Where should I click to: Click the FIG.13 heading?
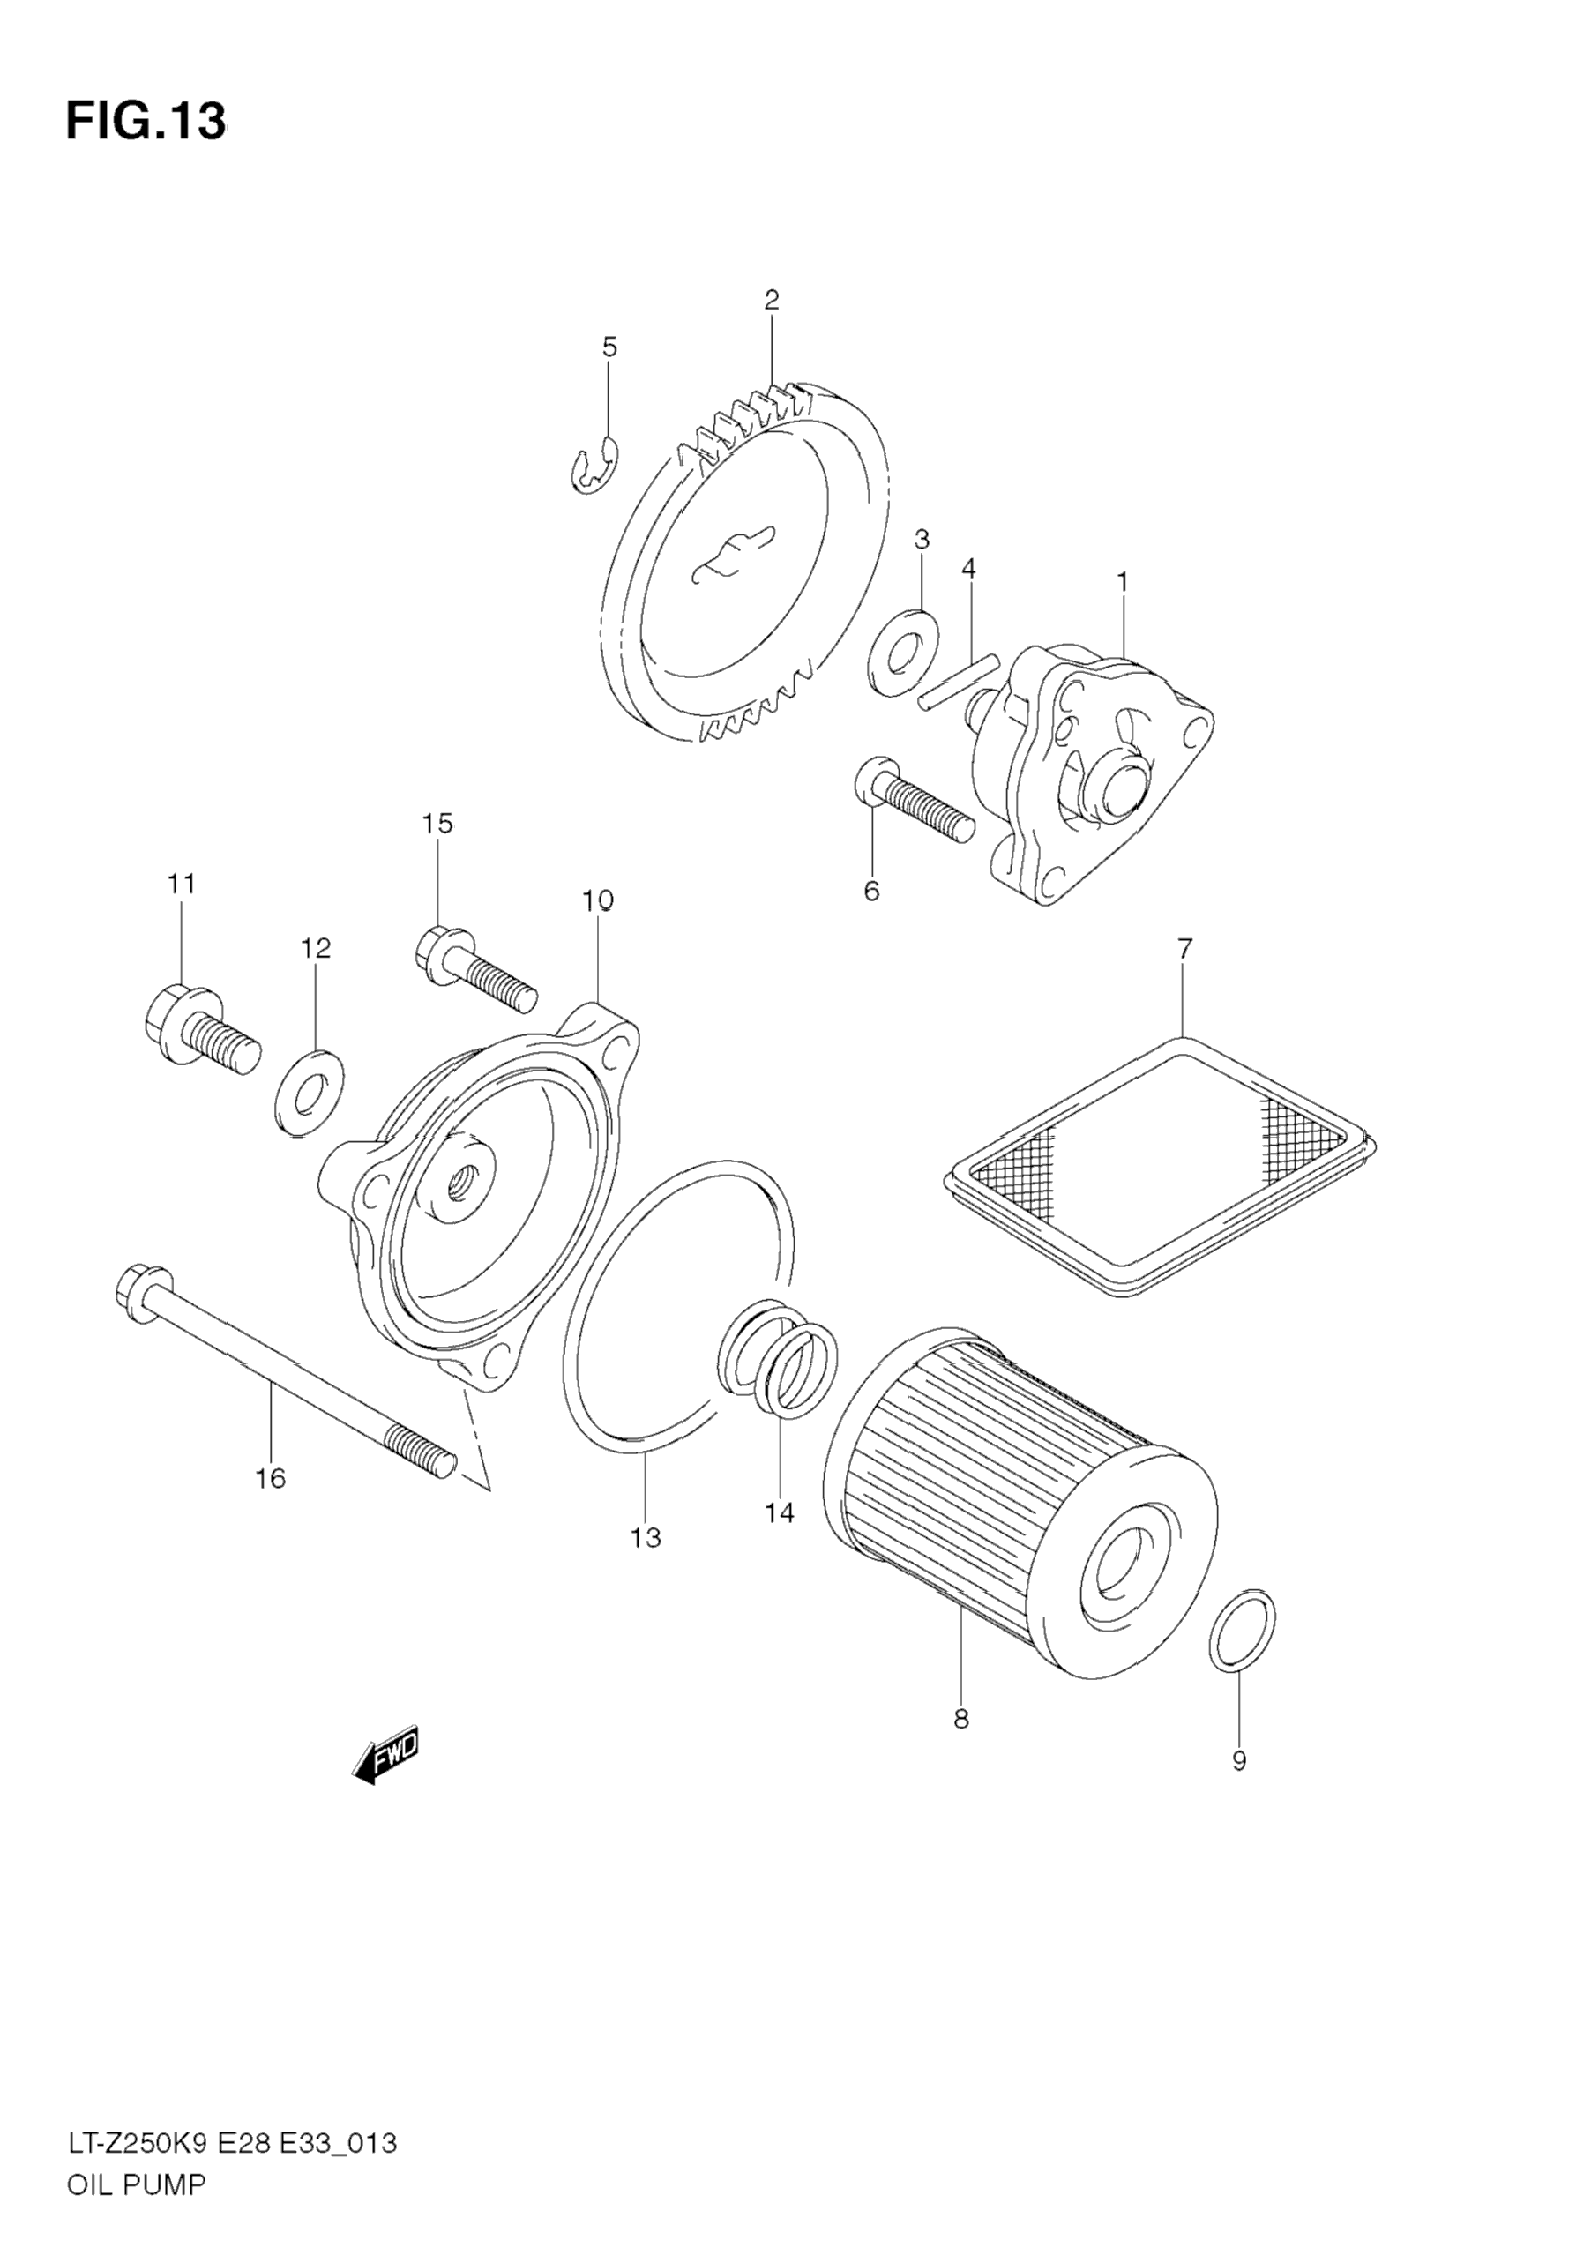point(146,122)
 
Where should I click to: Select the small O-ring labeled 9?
point(1243,1626)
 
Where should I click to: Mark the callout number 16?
point(270,1505)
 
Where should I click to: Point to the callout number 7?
point(1184,949)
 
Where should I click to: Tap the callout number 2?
point(771,300)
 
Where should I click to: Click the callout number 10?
point(597,900)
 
